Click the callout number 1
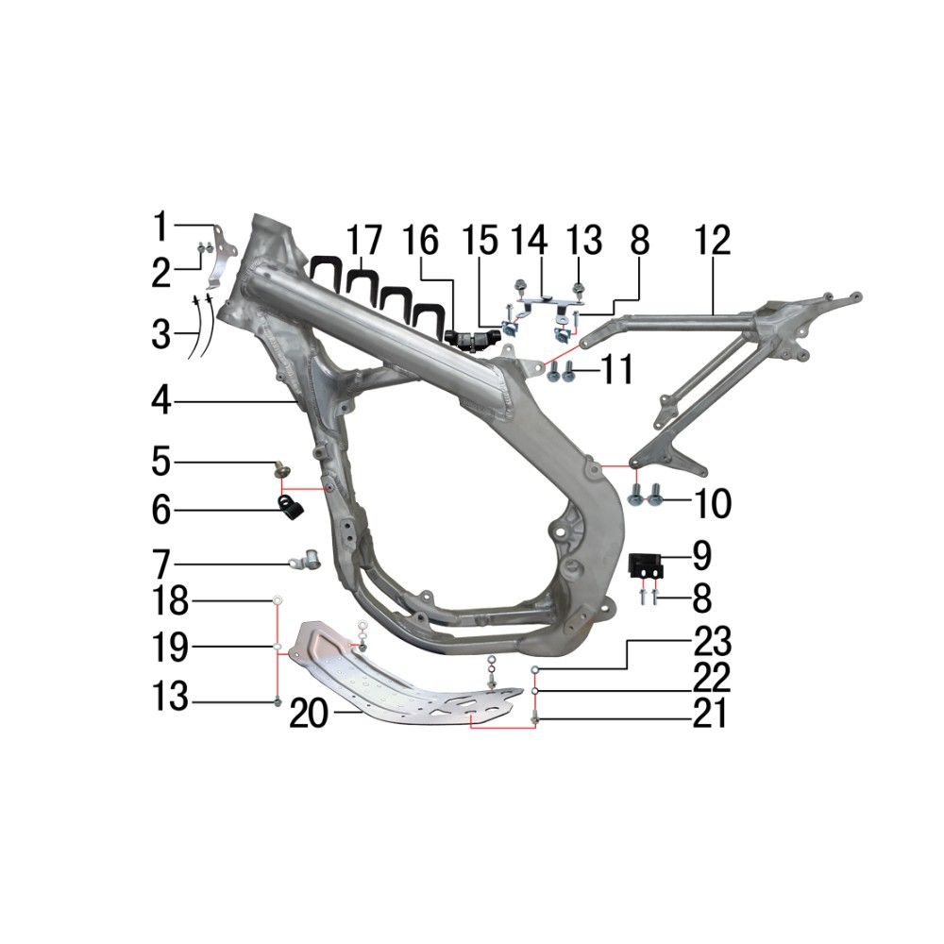(160, 227)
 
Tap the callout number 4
(161, 399)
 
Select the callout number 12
(712, 240)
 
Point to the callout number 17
(364, 240)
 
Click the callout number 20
(309, 714)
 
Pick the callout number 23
(712, 642)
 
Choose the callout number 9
(702, 556)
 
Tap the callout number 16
(421, 240)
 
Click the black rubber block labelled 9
(647, 566)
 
